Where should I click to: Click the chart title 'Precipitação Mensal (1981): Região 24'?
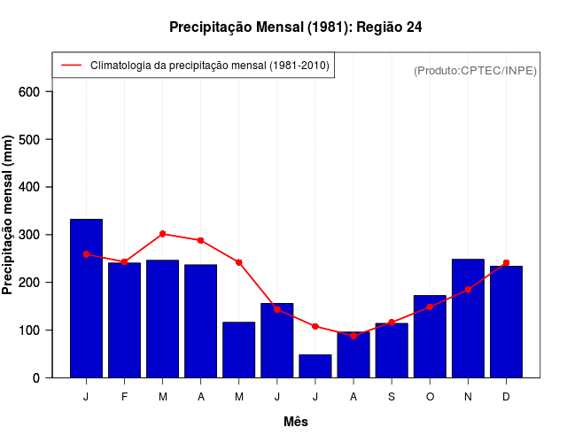295,27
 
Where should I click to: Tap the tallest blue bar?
86,298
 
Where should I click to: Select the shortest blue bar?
315,366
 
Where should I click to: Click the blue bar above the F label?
124,320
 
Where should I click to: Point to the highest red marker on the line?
163,234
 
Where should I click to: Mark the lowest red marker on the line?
353,336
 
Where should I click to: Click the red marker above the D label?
506,263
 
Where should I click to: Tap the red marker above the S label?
392,323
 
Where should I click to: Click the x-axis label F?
124,397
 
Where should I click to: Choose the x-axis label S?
392,397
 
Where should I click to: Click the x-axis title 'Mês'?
295,423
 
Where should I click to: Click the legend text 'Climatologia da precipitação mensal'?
210,66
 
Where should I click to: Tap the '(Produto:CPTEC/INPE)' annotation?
475,71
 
